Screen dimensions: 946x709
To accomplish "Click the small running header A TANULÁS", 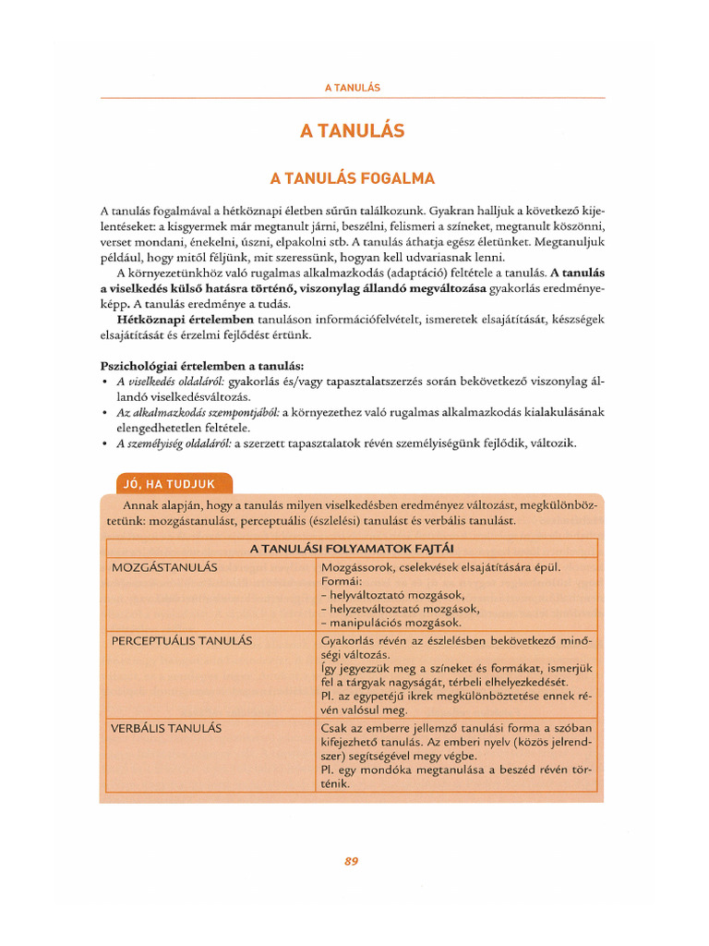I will click(353, 87).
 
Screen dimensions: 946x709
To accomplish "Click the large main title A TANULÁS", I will click(353, 131).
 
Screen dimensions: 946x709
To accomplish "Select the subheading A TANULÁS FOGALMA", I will click(352, 178).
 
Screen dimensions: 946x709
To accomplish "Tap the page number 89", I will click(351, 861).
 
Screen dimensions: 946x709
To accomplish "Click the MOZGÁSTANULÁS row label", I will click(164, 566).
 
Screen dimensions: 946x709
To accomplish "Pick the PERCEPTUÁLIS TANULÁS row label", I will click(182, 639).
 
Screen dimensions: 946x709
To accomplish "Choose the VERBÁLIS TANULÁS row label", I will click(167, 727).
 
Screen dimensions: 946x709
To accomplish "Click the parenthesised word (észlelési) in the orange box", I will click(403, 521).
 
